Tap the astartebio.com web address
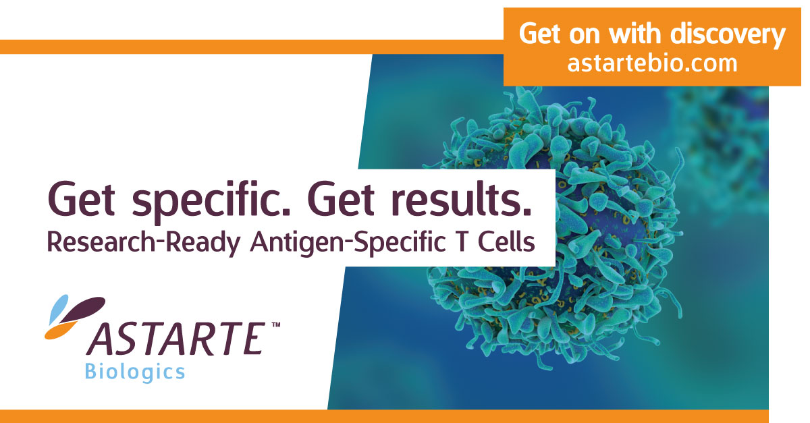click(652, 63)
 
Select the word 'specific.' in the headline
click(211, 201)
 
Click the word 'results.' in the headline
click(462, 198)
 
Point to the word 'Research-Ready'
click(144, 243)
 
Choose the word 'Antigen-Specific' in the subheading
click(347, 243)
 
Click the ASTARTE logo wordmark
click(175, 339)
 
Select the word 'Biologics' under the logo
click(134, 372)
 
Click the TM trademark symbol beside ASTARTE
click(276, 325)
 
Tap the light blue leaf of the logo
click(59, 309)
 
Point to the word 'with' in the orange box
click(635, 34)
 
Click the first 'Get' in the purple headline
click(82, 198)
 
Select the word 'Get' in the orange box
click(540, 34)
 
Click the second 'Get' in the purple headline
click(341, 198)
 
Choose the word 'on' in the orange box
click(585, 36)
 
